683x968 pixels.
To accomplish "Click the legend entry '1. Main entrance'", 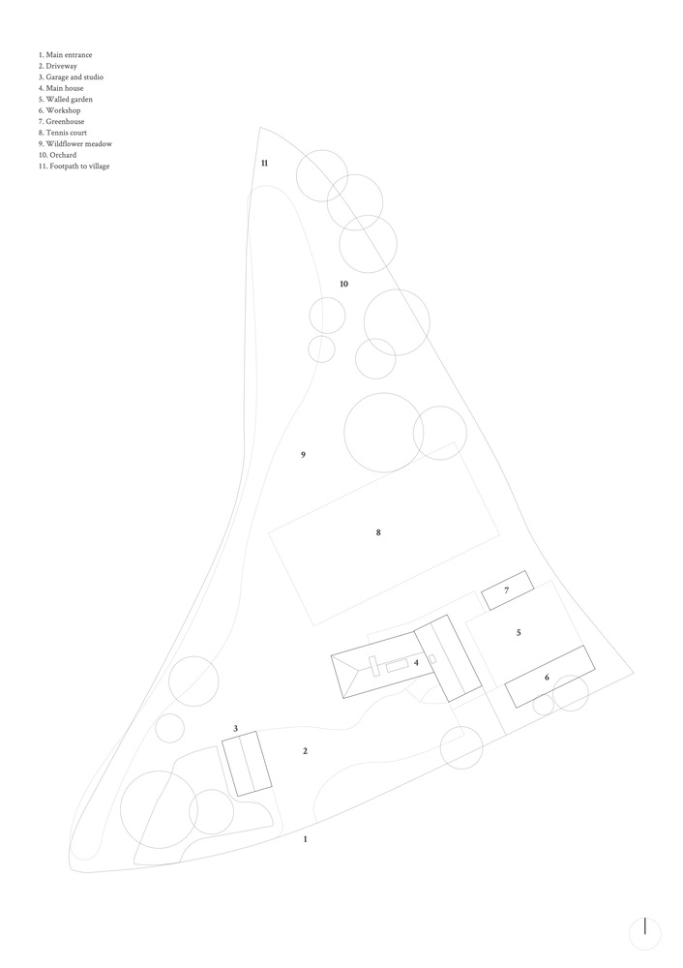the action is click(66, 55).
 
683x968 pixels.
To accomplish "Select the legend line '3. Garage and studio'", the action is click(71, 77).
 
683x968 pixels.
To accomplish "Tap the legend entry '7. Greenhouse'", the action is click(62, 122).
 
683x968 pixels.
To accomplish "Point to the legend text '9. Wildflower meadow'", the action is click(75, 144).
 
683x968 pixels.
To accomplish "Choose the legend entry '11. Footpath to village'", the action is click(74, 166).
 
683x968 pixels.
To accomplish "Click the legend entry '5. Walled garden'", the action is click(66, 100).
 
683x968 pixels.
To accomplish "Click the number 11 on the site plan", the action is click(264, 163).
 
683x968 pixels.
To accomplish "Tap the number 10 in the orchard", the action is click(343, 284).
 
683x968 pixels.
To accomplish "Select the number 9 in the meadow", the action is click(303, 455).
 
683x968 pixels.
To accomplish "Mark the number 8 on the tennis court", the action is click(378, 532).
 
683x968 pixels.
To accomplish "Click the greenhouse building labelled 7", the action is click(507, 590).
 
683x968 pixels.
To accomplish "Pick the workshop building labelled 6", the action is click(549, 677).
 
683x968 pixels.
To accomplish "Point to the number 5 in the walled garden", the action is click(519, 632).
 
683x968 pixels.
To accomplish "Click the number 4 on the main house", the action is click(416, 662).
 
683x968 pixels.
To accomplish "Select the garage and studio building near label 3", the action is click(247, 764).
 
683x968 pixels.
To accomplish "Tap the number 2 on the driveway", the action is click(305, 751).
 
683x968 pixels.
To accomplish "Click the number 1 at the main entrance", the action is click(305, 839).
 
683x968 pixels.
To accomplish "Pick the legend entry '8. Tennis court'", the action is click(62, 133).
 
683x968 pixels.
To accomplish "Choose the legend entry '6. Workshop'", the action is click(59, 110).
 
